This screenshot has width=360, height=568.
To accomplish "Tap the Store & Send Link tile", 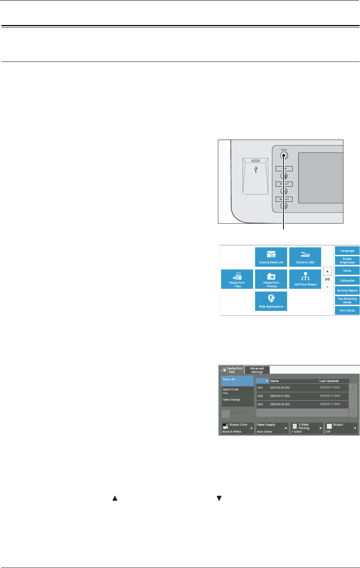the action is pos(271,257).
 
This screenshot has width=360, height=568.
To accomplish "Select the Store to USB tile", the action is pos(305,257).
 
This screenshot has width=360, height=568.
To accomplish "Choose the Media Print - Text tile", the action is pos(237,279).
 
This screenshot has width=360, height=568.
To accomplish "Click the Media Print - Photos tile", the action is pos(271,279).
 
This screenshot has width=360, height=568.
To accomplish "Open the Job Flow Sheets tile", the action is pos(305,279).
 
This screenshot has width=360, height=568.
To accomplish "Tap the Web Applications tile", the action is pos(271,301).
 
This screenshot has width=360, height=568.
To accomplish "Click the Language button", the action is pos(347,250).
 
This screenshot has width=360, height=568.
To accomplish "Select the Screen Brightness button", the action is pos(347,260).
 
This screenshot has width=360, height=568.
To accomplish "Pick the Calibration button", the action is pos(347,280).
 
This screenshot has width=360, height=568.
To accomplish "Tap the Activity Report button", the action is pos(347,290).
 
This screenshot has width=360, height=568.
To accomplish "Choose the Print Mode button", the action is pos(347,310).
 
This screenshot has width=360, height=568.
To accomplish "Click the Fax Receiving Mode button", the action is pos(347,300).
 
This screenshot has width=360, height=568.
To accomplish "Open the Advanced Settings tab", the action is pos(257,370).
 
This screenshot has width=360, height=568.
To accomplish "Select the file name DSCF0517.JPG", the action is pos(280,396).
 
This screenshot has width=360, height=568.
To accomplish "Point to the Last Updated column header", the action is pos(333,381).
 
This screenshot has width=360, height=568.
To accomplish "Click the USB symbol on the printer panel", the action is pos(256,169).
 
